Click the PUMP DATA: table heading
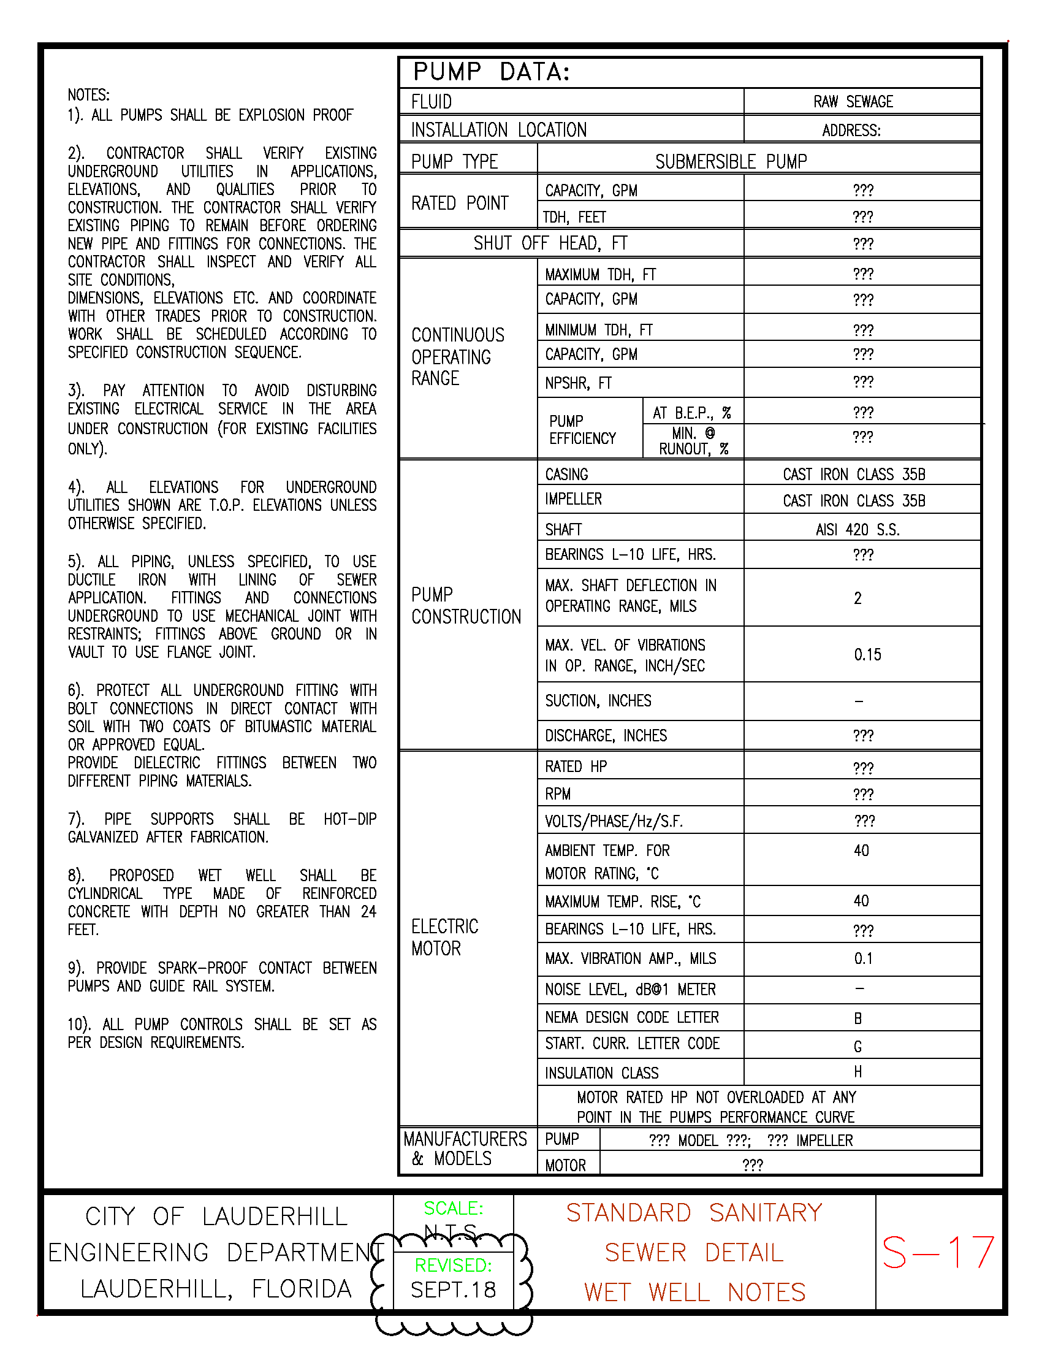coord(491,72)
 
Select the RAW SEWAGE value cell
coord(853,102)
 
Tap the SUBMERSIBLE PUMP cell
coord(731,162)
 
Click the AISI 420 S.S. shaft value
coord(858,530)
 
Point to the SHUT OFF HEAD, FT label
coord(550,243)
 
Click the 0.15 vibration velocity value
coord(867,655)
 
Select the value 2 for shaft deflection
coord(858,598)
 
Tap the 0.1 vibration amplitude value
coord(863,958)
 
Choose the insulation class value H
coord(858,1072)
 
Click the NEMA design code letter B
coord(858,1018)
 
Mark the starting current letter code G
coord(858,1046)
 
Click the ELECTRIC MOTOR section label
coord(444,937)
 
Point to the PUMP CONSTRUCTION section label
coord(465,606)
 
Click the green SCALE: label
coord(453,1208)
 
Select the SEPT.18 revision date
coord(453,1290)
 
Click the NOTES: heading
coord(89,95)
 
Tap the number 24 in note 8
coord(368,912)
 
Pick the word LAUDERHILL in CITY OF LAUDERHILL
coord(275,1217)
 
